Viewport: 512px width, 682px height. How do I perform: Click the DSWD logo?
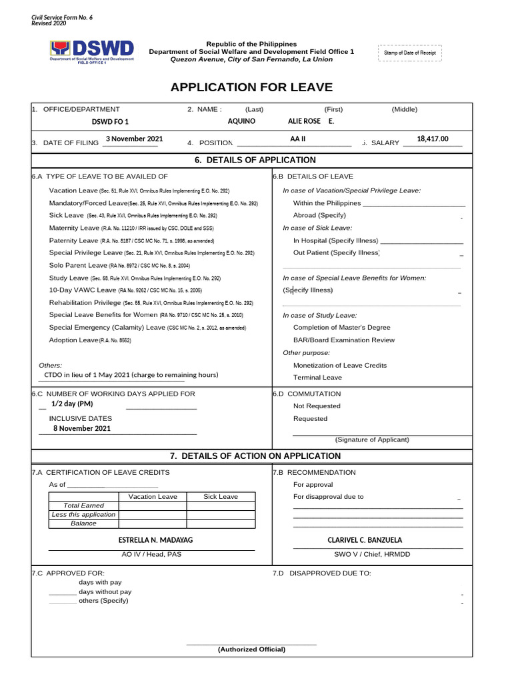click(92, 51)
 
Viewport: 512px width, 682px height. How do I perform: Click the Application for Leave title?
click(251, 88)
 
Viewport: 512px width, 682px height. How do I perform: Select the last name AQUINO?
click(241, 122)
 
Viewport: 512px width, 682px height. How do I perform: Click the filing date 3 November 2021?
click(134, 139)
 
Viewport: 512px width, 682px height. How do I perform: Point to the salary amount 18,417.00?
click(433, 139)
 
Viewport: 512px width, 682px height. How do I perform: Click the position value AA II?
click(297, 139)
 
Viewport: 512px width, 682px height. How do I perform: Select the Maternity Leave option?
click(73, 228)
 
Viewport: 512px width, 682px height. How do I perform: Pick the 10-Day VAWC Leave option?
click(82, 290)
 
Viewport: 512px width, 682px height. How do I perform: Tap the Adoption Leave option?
click(73, 340)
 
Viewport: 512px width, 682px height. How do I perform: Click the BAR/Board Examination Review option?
click(343, 340)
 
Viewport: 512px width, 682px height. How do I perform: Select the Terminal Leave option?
click(317, 377)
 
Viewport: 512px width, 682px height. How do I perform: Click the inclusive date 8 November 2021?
click(82, 428)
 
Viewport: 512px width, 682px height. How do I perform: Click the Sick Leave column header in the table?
click(220, 496)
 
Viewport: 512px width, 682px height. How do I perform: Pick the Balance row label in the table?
click(83, 523)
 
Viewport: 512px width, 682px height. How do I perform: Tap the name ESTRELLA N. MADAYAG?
click(155, 540)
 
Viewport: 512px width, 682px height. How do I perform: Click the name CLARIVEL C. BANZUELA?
click(365, 540)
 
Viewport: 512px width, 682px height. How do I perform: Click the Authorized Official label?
click(251, 649)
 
